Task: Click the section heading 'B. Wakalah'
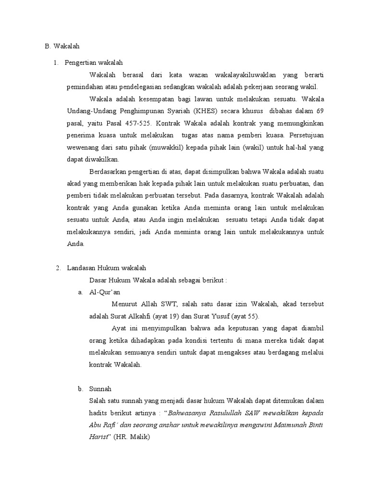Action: (62, 47)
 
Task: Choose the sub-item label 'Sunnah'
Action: (100, 389)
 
